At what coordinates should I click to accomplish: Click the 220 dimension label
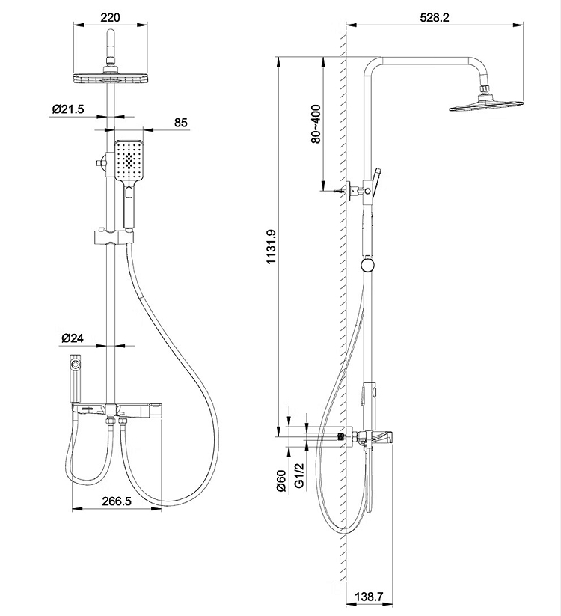coord(110,18)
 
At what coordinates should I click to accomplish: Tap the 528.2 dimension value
coord(434,18)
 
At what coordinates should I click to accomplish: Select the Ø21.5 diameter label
coord(68,109)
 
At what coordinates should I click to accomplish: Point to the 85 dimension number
coord(180,123)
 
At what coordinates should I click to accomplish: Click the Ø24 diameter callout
coord(73,338)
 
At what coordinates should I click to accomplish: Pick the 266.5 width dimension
coord(117,501)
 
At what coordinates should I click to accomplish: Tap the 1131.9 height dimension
coord(272,247)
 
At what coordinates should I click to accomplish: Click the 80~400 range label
coord(316,123)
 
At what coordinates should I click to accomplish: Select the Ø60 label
coord(281,481)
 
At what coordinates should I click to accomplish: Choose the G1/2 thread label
coord(299,475)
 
